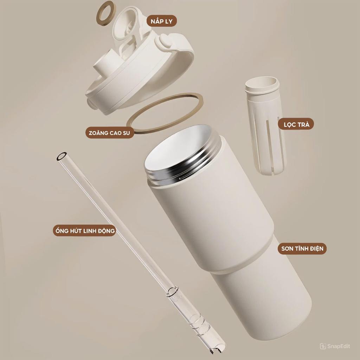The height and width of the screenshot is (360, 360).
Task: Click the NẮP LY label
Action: [161, 21]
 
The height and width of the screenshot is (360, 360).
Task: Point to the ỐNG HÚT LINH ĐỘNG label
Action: [84, 231]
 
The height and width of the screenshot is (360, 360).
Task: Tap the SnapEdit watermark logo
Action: [323, 346]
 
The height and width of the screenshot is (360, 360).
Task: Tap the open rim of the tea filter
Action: [262, 85]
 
